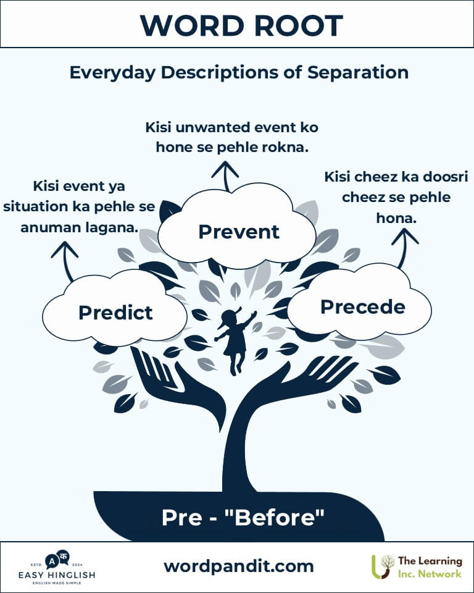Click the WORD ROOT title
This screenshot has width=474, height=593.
tap(241, 26)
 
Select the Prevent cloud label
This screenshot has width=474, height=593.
tap(239, 232)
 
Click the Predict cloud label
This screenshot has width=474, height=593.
tap(115, 313)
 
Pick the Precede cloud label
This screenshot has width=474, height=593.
tap(363, 307)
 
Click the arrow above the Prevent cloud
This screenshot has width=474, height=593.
tap(225, 176)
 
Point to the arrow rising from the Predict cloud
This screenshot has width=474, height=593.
tap(65, 261)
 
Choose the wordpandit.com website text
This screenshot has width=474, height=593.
tap(239, 566)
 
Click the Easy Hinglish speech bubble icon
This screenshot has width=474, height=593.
tap(57, 560)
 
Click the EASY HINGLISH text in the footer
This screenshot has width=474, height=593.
tap(57, 575)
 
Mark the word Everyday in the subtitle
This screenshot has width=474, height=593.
tap(112, 73)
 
